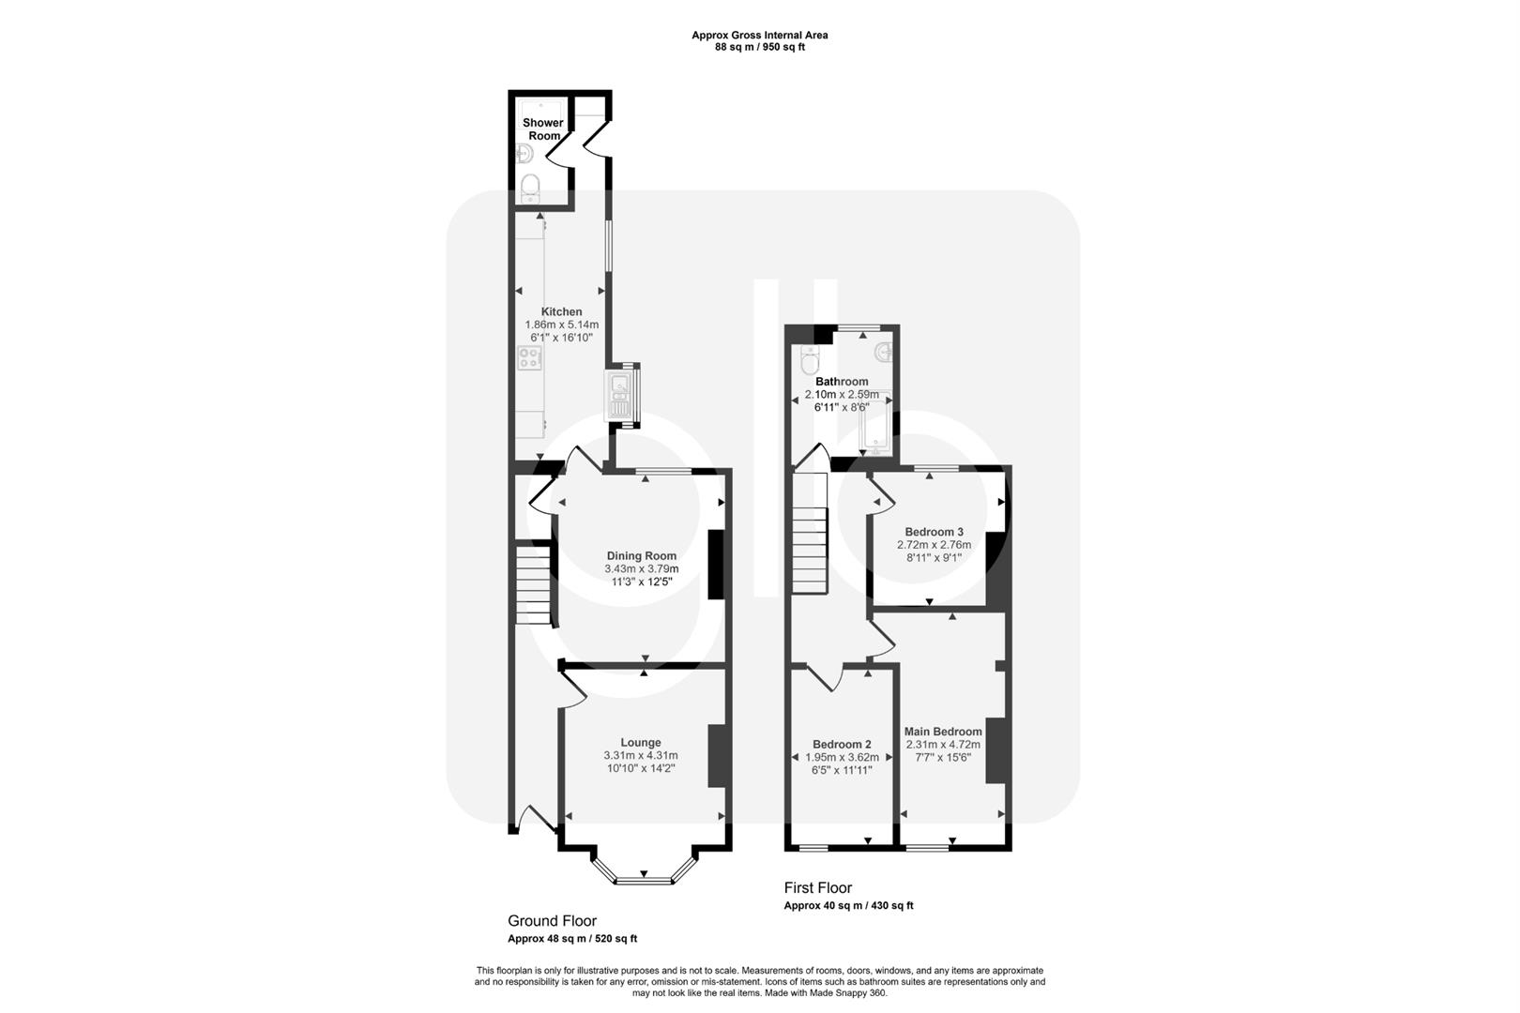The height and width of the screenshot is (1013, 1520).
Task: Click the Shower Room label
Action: (543, 129)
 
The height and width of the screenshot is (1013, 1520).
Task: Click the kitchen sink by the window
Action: (619, 394)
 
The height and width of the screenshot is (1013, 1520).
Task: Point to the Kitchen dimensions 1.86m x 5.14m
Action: (561, 325)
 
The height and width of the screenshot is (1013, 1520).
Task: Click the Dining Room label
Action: (642, 556)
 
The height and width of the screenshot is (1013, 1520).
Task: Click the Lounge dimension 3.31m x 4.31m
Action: (641, 755)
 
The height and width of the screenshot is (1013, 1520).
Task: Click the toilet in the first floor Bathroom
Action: (809, 359)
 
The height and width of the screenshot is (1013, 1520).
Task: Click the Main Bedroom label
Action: (943, 732)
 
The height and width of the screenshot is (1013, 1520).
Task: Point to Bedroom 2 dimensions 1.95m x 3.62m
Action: (842, 757)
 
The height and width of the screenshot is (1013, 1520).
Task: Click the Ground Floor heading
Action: (552, 921)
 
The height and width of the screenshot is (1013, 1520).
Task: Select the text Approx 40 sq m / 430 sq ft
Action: (848, 906)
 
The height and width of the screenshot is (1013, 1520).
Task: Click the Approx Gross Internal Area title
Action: (759, 36)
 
